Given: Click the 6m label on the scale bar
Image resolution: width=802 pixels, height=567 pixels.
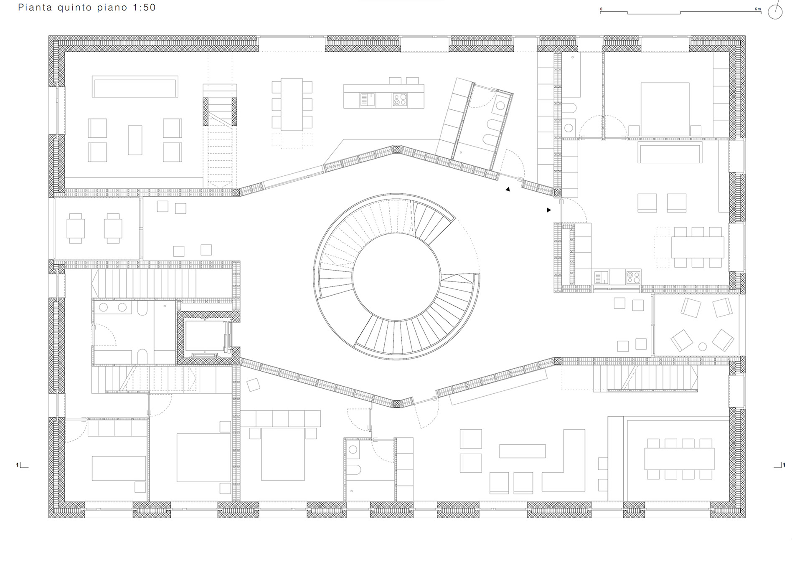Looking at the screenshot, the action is point(758,9).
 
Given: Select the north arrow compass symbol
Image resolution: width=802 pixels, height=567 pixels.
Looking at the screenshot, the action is point(775,11).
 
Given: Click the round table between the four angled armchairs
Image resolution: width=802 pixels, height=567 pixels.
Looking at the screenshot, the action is point(703,346).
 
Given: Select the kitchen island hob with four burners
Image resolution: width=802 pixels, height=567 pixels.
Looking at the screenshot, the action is point(400,99).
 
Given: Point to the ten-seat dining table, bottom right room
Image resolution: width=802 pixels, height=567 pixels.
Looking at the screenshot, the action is point(679,458).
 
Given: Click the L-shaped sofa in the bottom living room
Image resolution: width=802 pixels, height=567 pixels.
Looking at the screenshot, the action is point(564,460).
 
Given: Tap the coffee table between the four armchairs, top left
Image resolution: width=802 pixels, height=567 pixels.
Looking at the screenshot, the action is point(135,140).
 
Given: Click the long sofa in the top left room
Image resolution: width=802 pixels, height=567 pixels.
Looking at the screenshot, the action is point(135,86).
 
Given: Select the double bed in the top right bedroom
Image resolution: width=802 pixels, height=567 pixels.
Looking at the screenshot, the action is point(665,109).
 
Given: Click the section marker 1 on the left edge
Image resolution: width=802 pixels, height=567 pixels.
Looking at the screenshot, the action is point(22,465).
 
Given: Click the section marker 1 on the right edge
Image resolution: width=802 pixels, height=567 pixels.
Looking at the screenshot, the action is point(779,465).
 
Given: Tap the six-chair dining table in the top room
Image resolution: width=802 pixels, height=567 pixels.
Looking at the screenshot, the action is point(292,104).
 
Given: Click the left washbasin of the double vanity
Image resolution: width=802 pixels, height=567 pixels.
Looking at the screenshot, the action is point(103,307).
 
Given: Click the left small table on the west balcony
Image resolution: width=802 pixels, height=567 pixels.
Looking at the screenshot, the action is point(76,228).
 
